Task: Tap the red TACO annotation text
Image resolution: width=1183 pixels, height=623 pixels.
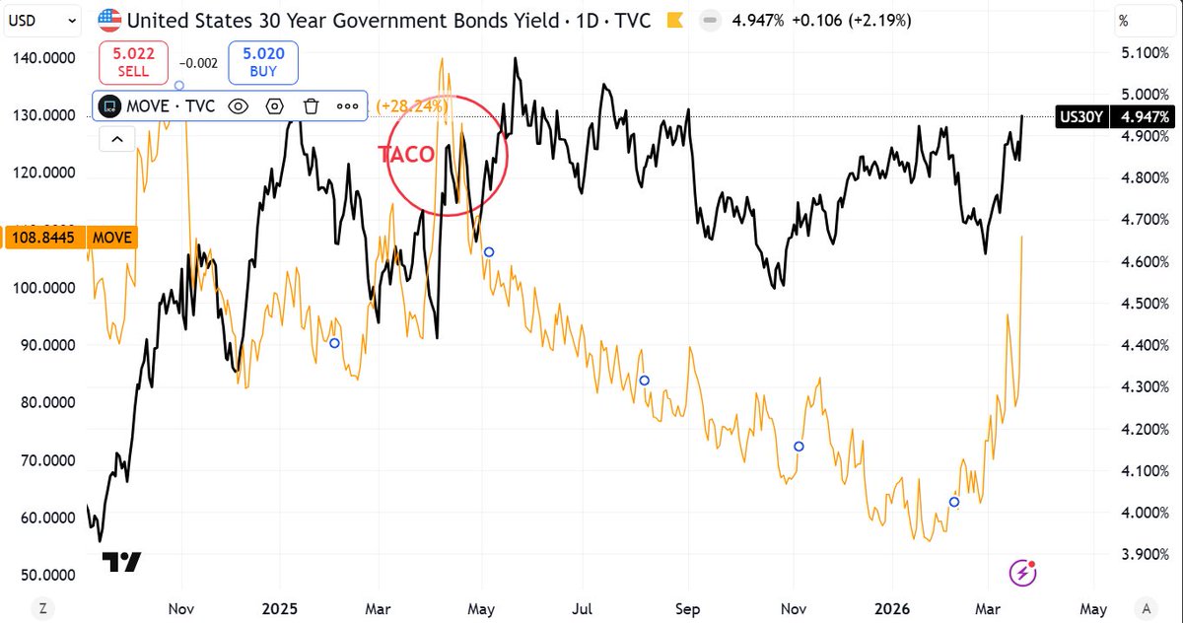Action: click(x=406, y=154)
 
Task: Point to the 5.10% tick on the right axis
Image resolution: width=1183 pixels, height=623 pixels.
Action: click(x=1139, y=53)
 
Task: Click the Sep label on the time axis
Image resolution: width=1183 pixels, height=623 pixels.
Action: click(x=688, y=608)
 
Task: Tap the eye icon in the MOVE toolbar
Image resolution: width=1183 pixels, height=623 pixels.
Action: click(x=238, y=105)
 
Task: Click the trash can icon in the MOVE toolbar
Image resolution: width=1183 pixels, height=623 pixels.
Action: click(x=311, y=105)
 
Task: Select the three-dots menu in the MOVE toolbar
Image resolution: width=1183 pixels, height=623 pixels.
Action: click(x=347, y=105)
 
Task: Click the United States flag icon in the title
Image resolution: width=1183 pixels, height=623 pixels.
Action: click(x=110, y=19)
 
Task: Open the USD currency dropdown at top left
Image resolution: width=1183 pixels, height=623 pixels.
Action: click(x=44, y=19)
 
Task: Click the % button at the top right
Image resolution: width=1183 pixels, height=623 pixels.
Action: click(x=1123, y=19)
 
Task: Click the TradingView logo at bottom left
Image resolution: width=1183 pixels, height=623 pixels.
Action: click(x=123, y=562)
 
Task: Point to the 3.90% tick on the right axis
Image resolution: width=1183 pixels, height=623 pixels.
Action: click(x=1139, y=554)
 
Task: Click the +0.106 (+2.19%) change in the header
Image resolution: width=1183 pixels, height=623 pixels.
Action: click(x=854, y=19)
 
